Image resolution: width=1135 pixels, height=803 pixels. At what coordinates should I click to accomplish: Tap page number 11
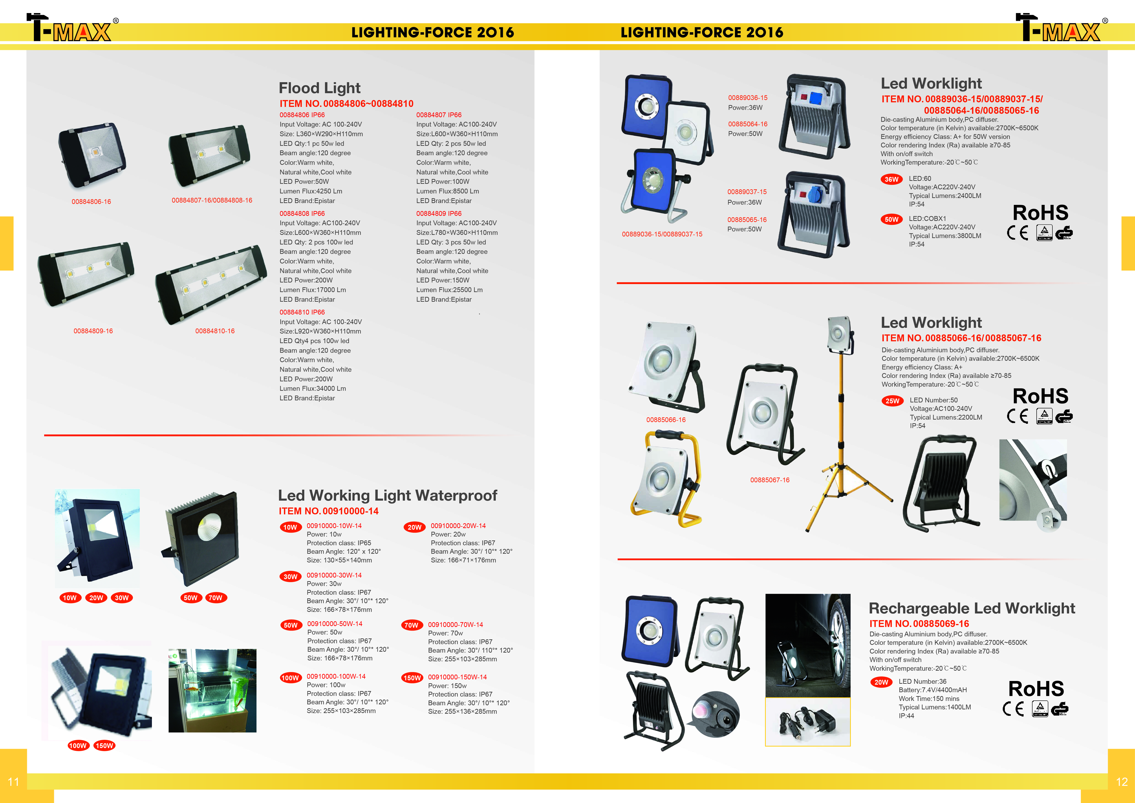(x=13, y=782)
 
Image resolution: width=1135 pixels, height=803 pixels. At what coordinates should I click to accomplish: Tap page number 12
(x=1122, y=782)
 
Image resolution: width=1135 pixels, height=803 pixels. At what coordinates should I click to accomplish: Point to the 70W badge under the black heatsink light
(x=216, y=598)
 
